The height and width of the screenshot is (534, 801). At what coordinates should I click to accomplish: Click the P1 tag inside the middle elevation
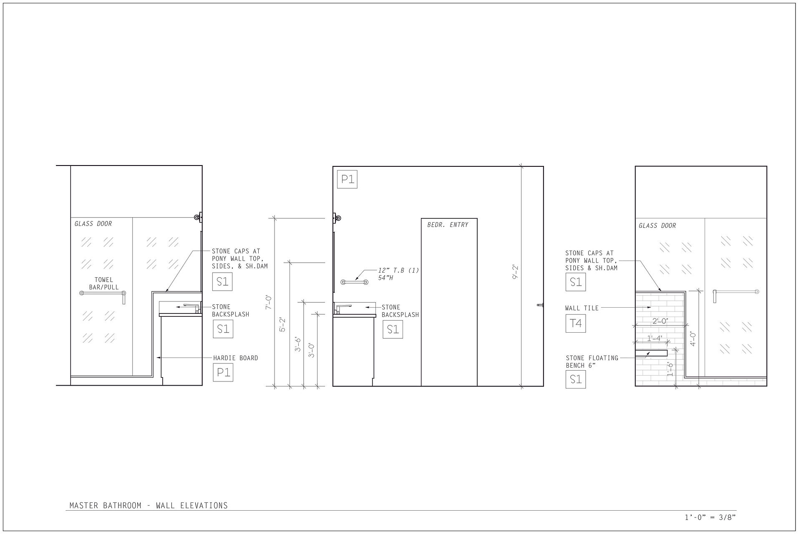347,179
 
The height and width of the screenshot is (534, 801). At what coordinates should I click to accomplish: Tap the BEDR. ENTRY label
448,225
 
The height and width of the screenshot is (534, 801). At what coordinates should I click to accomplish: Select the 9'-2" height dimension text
515,271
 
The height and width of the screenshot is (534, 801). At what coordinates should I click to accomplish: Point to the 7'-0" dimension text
270,302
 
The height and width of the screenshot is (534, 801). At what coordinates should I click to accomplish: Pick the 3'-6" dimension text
298,343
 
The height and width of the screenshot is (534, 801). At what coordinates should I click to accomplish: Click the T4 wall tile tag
576,323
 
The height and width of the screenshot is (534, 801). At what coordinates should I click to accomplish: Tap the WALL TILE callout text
582,308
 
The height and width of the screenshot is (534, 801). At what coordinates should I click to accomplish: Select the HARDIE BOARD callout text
236,358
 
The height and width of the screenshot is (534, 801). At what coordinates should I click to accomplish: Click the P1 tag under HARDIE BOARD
223,372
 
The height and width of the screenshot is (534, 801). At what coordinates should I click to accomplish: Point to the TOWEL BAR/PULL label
104,283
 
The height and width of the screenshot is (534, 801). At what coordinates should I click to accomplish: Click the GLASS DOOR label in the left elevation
93,224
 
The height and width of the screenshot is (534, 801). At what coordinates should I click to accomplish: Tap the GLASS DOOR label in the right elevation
657,226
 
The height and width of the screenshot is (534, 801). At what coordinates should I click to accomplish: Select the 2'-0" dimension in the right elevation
660,321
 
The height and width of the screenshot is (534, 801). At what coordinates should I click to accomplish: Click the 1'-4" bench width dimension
655,338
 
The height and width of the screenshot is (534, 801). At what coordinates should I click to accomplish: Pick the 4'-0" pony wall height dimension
693,339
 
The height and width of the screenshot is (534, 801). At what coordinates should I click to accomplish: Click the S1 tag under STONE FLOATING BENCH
576,379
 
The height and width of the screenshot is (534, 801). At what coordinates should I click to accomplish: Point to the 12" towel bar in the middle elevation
355,282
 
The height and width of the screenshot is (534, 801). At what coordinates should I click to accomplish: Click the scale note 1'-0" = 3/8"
710,518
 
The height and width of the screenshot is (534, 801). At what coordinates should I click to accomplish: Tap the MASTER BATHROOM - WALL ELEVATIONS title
149,506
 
